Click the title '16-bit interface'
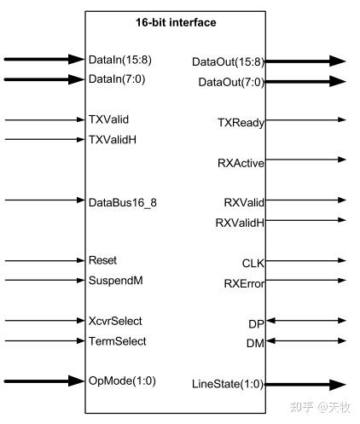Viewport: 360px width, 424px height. pos(176,22)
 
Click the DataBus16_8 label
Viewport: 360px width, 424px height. pos(122,201)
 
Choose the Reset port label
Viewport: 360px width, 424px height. pos(103,260)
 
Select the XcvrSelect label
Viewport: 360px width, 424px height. pos(115,322)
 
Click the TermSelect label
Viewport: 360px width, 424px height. pos(117,341)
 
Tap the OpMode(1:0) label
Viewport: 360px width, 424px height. pos(122,380)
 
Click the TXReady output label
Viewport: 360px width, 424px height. pos(241,123)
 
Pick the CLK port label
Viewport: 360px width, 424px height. pos(253,262)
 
